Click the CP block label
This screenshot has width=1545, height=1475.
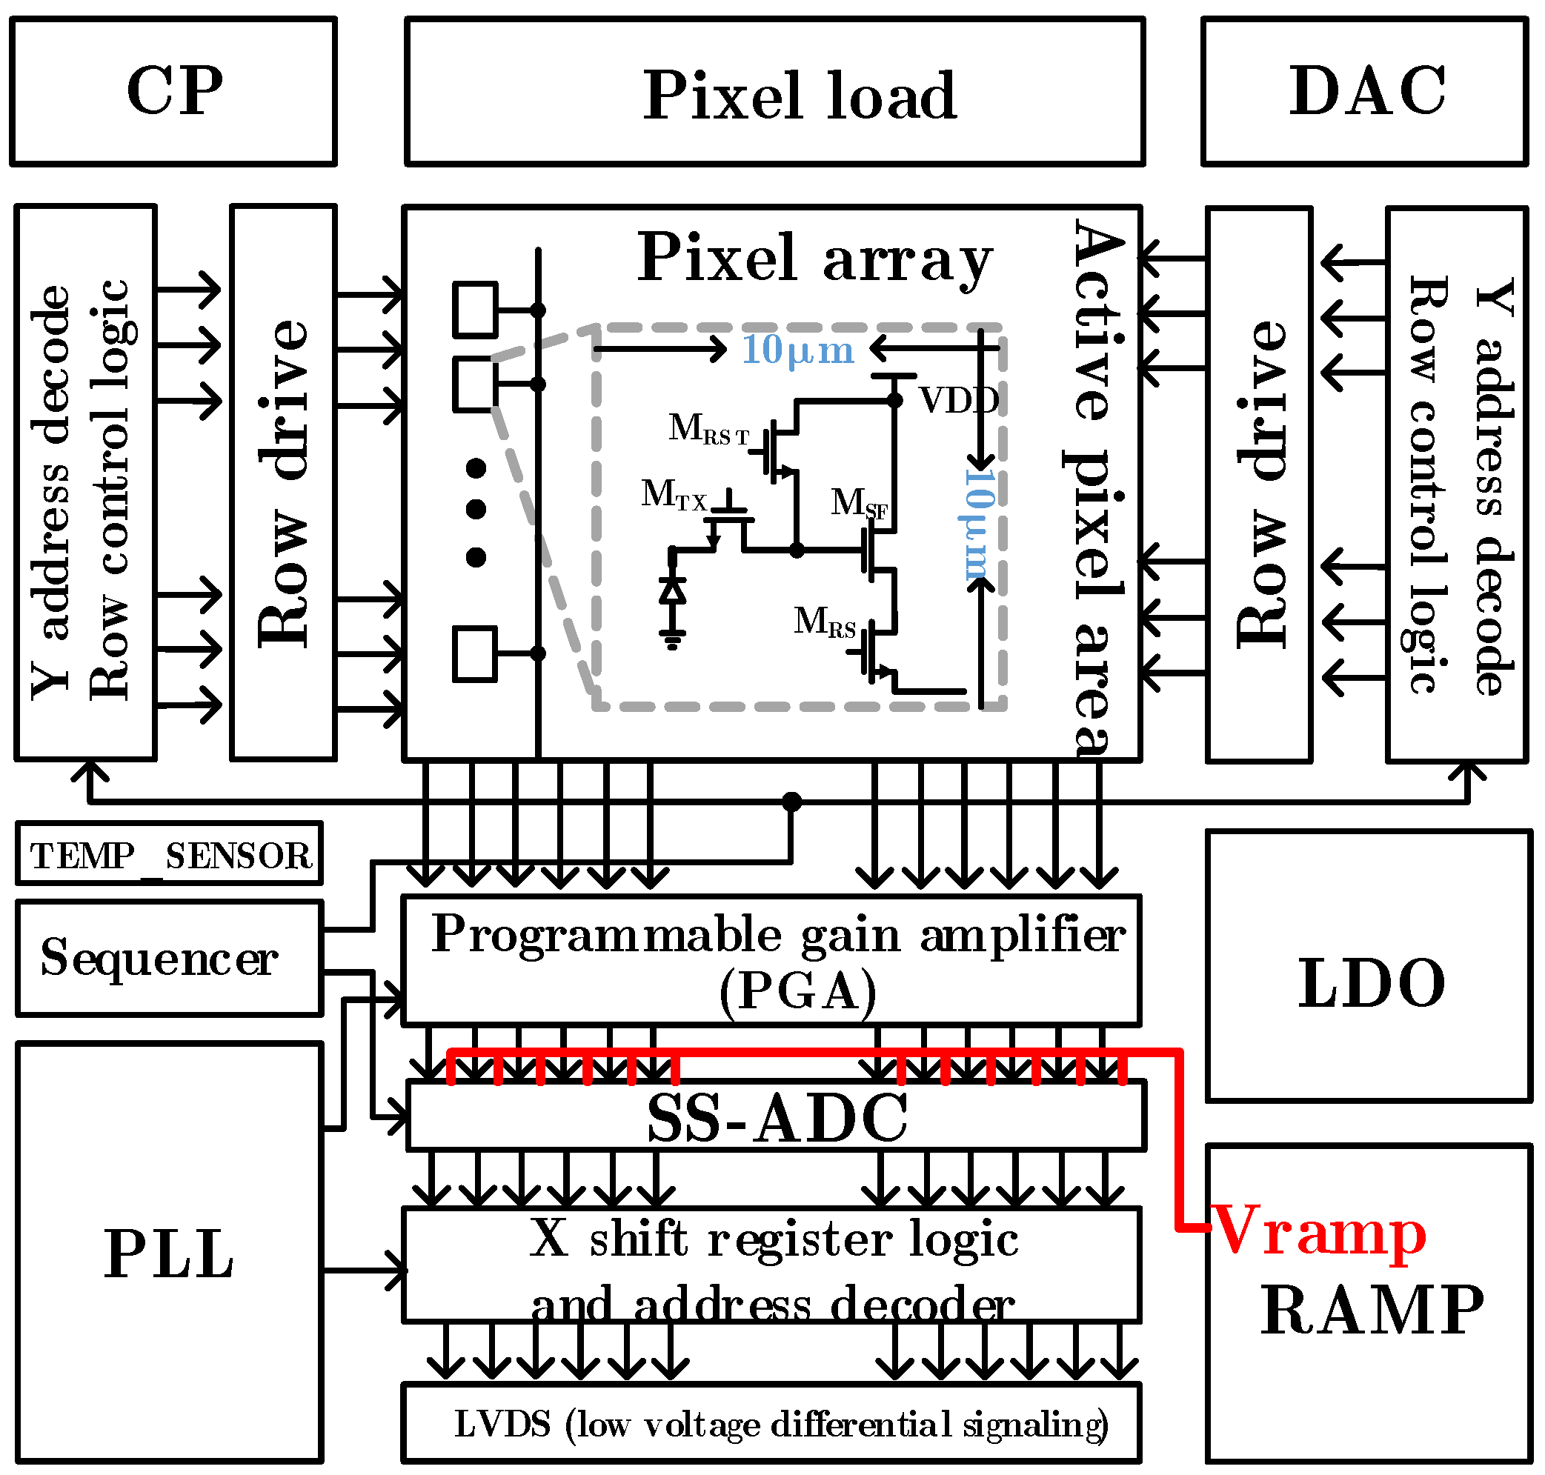(x=175, y=91)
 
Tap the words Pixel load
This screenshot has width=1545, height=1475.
(x=800, y=96)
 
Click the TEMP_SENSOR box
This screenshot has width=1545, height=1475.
(x=170, y=855)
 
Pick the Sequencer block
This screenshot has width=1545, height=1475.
(x=159, y=958)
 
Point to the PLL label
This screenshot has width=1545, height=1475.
(x=168, y=1254)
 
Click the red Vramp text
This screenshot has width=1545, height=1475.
(x=1318, y=1232)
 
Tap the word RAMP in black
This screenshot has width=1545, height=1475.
(x=1372, y=1310)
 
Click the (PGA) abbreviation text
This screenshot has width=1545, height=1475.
(x=797, y=992)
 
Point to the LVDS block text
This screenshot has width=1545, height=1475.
(x=780, y=1424)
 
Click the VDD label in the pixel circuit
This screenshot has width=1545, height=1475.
(x=957, y=401)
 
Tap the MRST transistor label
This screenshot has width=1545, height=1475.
(x=708, y=430)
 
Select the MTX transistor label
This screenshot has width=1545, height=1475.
(x=674, y=496)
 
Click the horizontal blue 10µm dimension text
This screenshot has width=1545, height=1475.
(x=797, y=350)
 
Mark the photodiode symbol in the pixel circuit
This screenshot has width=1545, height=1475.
(x=672, y=590)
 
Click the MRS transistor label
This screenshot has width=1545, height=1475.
(x=824, y=622)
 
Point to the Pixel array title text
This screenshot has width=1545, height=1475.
(x=814, y=258)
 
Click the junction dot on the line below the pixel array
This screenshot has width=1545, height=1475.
(x=791, y=802)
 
